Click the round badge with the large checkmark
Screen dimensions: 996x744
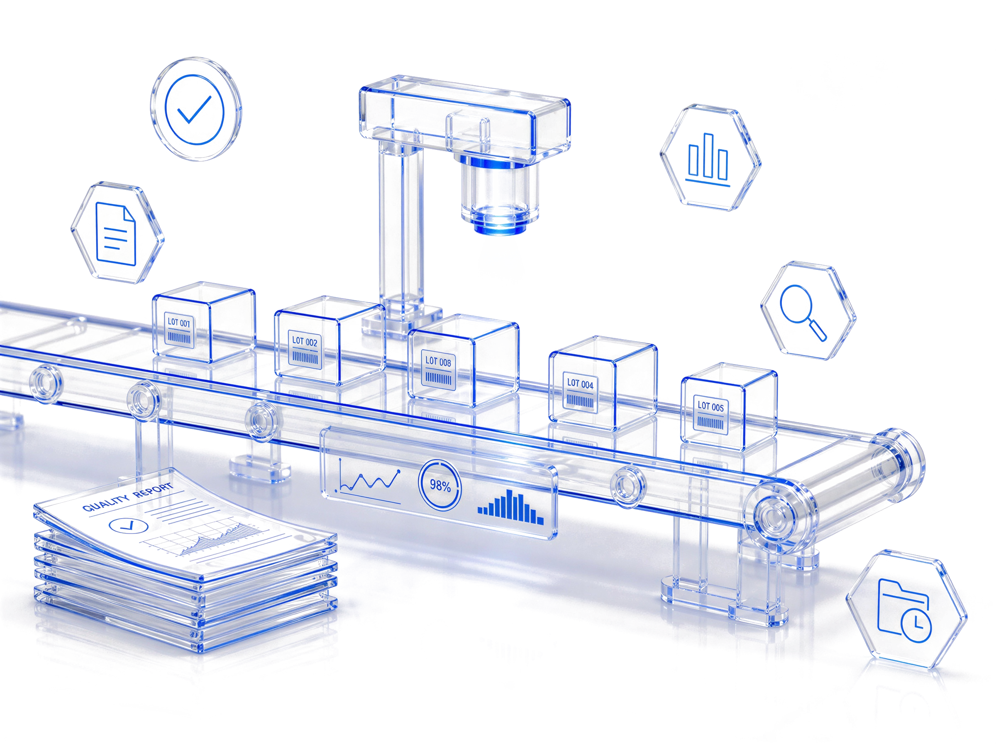point(196,110)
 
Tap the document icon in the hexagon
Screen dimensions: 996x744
point(116,234)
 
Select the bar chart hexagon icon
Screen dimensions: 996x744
point(710,157)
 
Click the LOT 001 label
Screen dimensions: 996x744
point(179,323)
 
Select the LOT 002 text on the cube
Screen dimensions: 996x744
point(305,341)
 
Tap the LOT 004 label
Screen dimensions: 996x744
point(580,384)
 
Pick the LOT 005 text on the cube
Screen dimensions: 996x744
point(710,407)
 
